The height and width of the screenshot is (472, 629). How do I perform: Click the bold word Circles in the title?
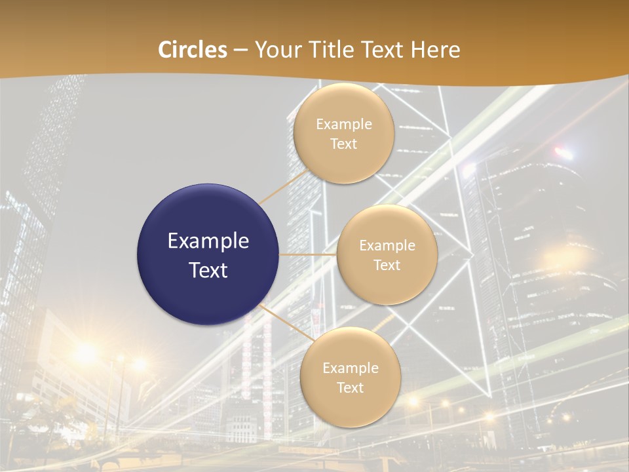point(193,50)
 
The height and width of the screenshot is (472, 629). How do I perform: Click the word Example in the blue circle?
point(208,241)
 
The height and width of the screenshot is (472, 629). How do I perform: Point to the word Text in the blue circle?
point(208,270)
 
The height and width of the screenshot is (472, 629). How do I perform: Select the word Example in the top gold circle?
point(343,124)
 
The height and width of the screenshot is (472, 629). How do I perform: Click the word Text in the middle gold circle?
point(387,265)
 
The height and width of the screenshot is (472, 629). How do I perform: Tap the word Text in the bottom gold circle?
point(350,387)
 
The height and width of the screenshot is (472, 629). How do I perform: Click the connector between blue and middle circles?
point(308,254)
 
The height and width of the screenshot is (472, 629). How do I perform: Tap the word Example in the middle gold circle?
point(387,246)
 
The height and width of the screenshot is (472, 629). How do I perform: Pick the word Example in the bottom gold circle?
point(350,368)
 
